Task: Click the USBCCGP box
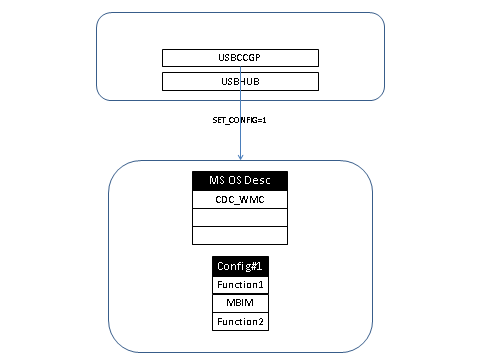tap(240, 58)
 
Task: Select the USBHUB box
tap(240, 81)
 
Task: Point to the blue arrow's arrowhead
tap(240, 156)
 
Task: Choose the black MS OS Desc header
tap(240, 181)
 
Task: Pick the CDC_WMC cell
tap(240, 199)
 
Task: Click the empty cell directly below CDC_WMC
tap(240, 217)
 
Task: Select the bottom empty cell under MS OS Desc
tap(240, 235)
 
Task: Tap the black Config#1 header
tap(240, 267)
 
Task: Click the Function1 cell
tap(240, 285)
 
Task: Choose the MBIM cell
tap(240, 303)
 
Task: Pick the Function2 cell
tap(240, 321)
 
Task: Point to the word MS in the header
tap(215, 181)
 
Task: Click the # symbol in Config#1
tap(253, 267)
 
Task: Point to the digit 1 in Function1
tap(261, 285)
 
